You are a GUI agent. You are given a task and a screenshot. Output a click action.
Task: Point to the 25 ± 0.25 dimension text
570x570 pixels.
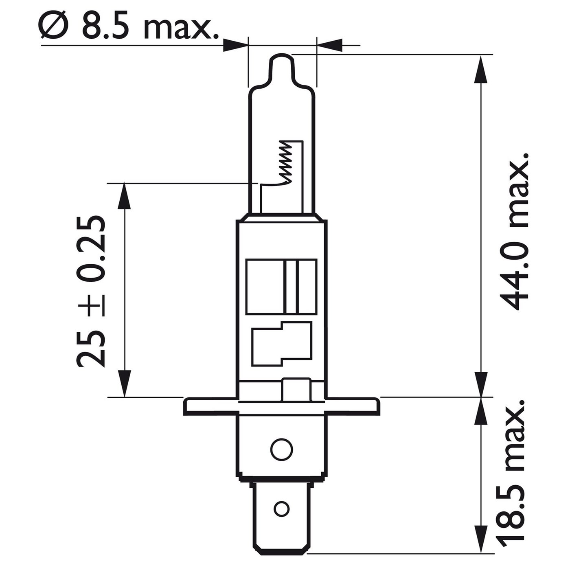[x=90, y=291]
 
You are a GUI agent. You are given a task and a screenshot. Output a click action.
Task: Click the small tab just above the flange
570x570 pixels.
[x=296, y=390]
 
